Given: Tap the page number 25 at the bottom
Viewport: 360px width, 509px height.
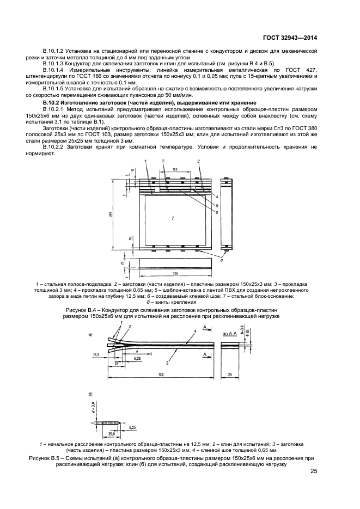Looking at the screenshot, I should pyautogui.click(x=314, y=471).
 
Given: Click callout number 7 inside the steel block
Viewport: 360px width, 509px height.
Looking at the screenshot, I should pyautogui.click(x=172, y=218).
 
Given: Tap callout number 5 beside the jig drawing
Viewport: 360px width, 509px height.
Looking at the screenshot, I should pyautogui.click(x=217, y=205).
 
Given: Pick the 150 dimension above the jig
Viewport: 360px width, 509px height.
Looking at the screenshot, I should pyautogui.click(x=175, y=170).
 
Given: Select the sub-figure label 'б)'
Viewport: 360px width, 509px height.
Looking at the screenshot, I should pyautogui.click(x=90, y=393).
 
